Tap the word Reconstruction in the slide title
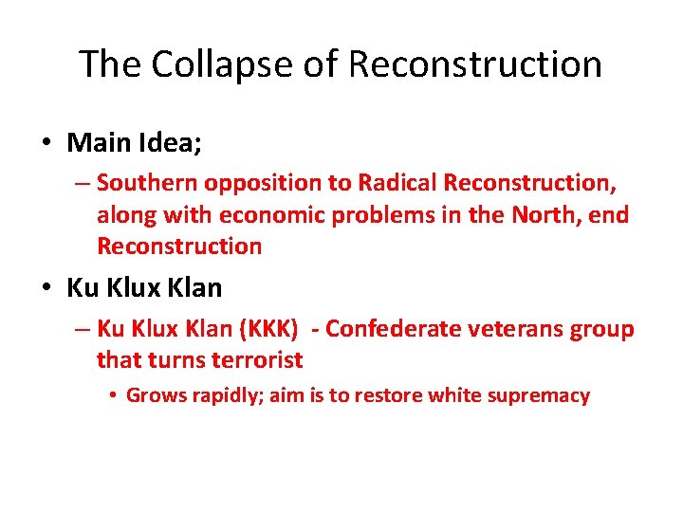pos(474,64)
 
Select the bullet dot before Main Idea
pos(46,144)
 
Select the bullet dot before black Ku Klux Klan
pos(46,287)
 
